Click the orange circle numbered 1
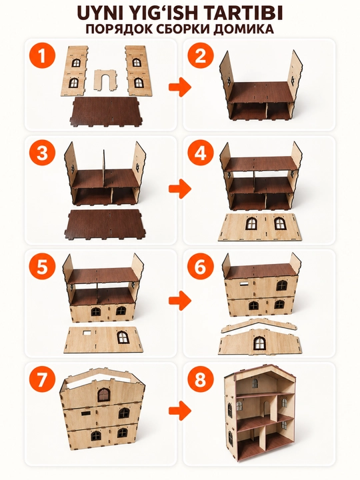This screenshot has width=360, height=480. pos(42,56)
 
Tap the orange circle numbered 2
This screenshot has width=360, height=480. pos(201,56)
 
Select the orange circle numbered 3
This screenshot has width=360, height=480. pos(42,154)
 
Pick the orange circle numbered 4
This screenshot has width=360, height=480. pos(201,154)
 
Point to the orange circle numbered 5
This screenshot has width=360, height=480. pos(42,267)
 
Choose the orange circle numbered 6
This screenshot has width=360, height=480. pos(201,267)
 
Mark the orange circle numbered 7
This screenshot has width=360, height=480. pos(42,379)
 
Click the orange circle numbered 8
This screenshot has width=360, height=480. pos(201,379)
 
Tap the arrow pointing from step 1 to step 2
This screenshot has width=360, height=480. pos(180,87)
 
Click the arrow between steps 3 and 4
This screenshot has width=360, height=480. pos(180,189)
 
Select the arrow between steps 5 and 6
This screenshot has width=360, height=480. pos(180,300)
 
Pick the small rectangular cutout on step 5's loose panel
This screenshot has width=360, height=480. pos(88,333)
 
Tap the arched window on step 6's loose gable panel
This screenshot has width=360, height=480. pos(259,343)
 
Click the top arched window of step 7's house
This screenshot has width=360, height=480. pos(104,395)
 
